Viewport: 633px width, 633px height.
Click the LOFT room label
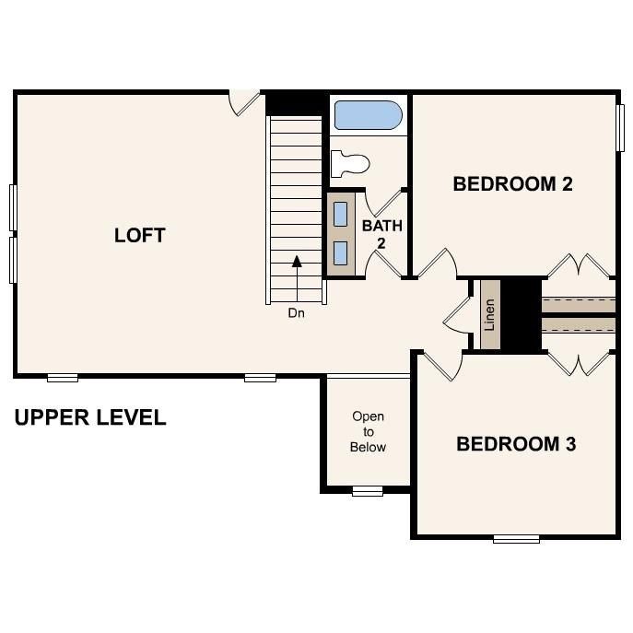click(140, 235)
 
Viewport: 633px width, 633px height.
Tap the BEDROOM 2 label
click(512, 183)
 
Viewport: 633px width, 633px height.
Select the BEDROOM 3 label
click(516, 444)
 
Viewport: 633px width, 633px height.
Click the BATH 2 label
click(381, 233)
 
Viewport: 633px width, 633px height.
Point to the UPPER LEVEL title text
click(90, 417)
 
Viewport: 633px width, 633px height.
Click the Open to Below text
click(368, 431)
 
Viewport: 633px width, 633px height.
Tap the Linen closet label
click(489, 315)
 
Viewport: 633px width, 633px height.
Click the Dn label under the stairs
click(296, 313)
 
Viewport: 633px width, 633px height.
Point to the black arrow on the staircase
click(297, 263)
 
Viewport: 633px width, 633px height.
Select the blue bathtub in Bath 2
click(368, 116)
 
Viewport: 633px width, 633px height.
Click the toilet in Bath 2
click(350, 164)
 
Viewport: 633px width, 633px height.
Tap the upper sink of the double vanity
click(341, 214)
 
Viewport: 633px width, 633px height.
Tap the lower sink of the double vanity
click(341, 252)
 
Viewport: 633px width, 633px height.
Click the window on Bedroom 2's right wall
click(621, 125)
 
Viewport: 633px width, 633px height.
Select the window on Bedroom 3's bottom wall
click(516, 538)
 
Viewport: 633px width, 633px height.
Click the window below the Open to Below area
click(368, 491)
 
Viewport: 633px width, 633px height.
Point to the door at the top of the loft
click(244, 101)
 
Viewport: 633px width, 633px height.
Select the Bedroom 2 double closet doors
click(580, 265)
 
